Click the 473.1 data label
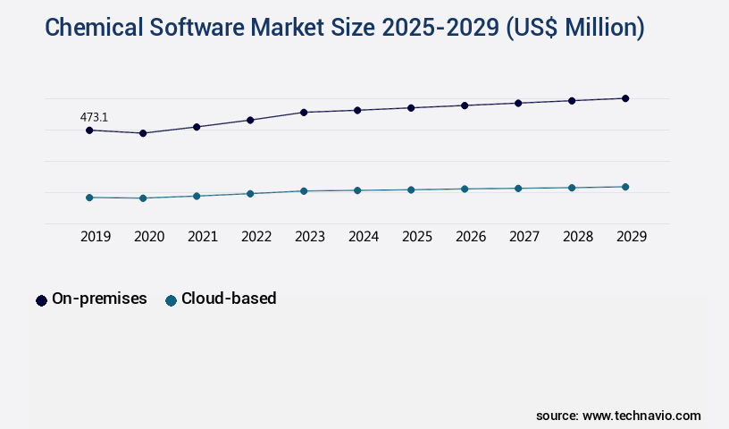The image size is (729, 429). [x=94, y=117]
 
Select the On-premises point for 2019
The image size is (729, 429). [x=89, y=130]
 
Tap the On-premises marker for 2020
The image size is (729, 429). [x=143, y=133]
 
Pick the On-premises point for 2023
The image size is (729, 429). [x=304, y=113]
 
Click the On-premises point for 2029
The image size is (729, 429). [x=625, y=98]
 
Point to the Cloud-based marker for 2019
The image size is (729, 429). [x=89, y=198]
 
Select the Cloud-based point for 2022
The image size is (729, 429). [x=250, y=194]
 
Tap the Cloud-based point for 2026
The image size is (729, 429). [x=465, y=189]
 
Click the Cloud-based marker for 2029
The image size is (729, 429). [x=625, y=187]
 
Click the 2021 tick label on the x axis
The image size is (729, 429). [x=203, y=237]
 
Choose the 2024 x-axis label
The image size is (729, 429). [x=364, y=237]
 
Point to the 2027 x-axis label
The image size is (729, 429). [x=524, y=237]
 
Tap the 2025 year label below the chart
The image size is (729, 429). [x=417, y=237]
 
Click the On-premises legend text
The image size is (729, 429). [x=99, y=299]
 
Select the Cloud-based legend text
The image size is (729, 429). [x=229, y=299]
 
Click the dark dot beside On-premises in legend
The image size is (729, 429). [x=41, y=300]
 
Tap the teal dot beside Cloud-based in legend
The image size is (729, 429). [x=171, y=300]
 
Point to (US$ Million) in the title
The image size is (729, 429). [x=574, y=28]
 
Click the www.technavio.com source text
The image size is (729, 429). [x=641, y=416]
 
